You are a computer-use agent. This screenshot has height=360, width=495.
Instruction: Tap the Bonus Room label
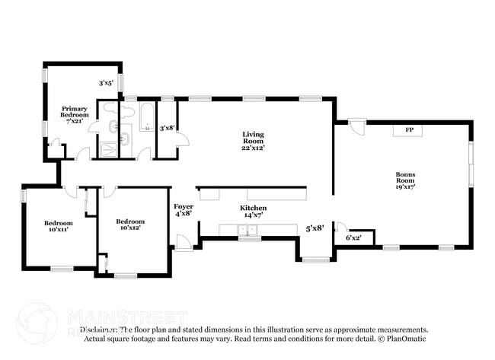pos(404,180)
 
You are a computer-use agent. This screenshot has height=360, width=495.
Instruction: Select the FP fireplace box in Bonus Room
pos(408,130)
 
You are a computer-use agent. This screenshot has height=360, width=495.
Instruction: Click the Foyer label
pos(184,210)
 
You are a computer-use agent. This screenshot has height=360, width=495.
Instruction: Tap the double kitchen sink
pos(248,231)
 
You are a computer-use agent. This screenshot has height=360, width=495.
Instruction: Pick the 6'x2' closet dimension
pos(354,237)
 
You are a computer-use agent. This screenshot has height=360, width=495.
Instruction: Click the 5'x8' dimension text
pos(315,228)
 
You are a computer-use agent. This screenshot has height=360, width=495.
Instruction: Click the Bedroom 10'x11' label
pos(58,226)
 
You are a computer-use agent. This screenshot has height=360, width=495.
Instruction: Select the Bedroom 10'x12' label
pos(129,225)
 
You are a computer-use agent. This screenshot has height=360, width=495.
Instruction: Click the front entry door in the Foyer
pos(184,243)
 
